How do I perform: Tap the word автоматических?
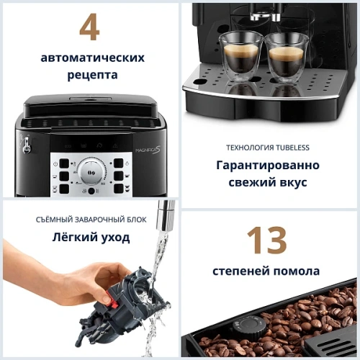[92, 57]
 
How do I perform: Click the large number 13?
[266, 241]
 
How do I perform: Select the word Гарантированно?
[267, 165]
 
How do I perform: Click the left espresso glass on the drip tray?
[241, 55]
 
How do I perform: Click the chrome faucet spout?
[166, 213]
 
